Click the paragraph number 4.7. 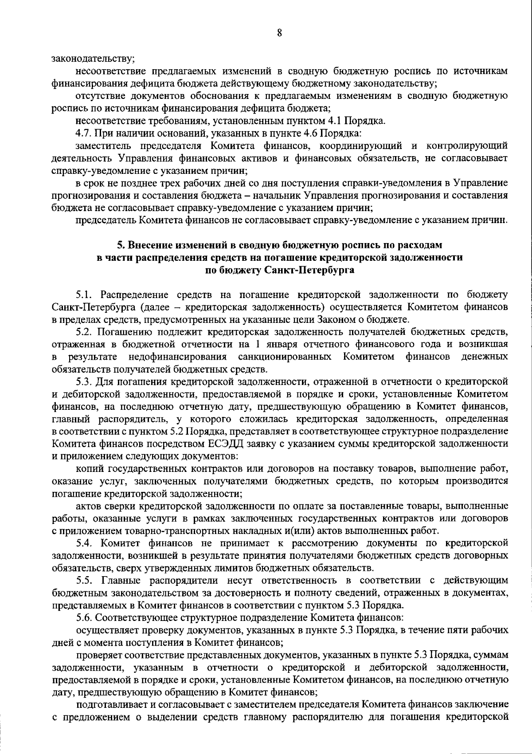point(83,133)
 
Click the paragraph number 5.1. point(83,295)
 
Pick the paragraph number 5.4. point(83,543)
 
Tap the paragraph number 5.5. point(83,580)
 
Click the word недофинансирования point(178,357)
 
